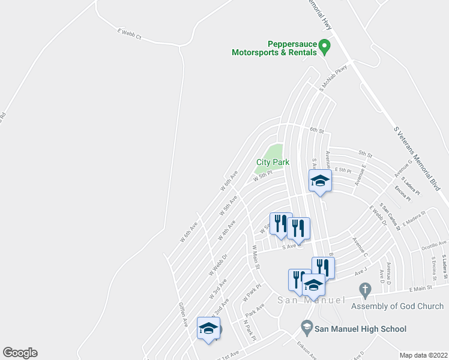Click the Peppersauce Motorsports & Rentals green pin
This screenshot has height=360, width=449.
tap(324, 46)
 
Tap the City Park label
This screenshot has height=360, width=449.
tap(273, 162)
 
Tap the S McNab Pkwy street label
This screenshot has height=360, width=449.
tap(334, 77)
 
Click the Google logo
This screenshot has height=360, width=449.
tap(20, 353)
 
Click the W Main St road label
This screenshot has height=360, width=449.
tap(256, 256)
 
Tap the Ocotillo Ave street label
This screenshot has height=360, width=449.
tap(434, 245)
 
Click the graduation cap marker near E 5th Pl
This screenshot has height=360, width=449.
tap(320, 181)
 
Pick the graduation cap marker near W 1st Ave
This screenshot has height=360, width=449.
tap(208, 328)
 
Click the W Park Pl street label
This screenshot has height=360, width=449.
tap(253, 292)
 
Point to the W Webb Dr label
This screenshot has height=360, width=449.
tap(218, 264)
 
